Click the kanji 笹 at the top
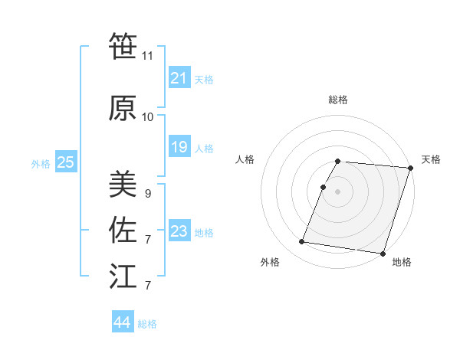(x=123, y=46)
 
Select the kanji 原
(x=123, y=109)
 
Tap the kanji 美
(x=123, y=185)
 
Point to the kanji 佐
(x=123, y=231)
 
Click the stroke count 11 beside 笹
(x=148, y=56)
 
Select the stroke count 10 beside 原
(x=148, y=117)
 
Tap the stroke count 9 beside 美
(x=147, y=194)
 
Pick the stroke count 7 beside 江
(x=147, y=286)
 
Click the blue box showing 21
(x=179, y=78)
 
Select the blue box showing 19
(x=179, y=147)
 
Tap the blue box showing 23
(x=179, y=231)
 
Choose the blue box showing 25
(x=65, y=162)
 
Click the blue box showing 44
(x=122, y=322)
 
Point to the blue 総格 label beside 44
(x=148, y=324)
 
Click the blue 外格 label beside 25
(x=41, y=163)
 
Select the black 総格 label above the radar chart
(x=338, y=100)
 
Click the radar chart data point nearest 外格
(x=301, y=242)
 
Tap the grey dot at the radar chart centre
(x=337, y=191)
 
